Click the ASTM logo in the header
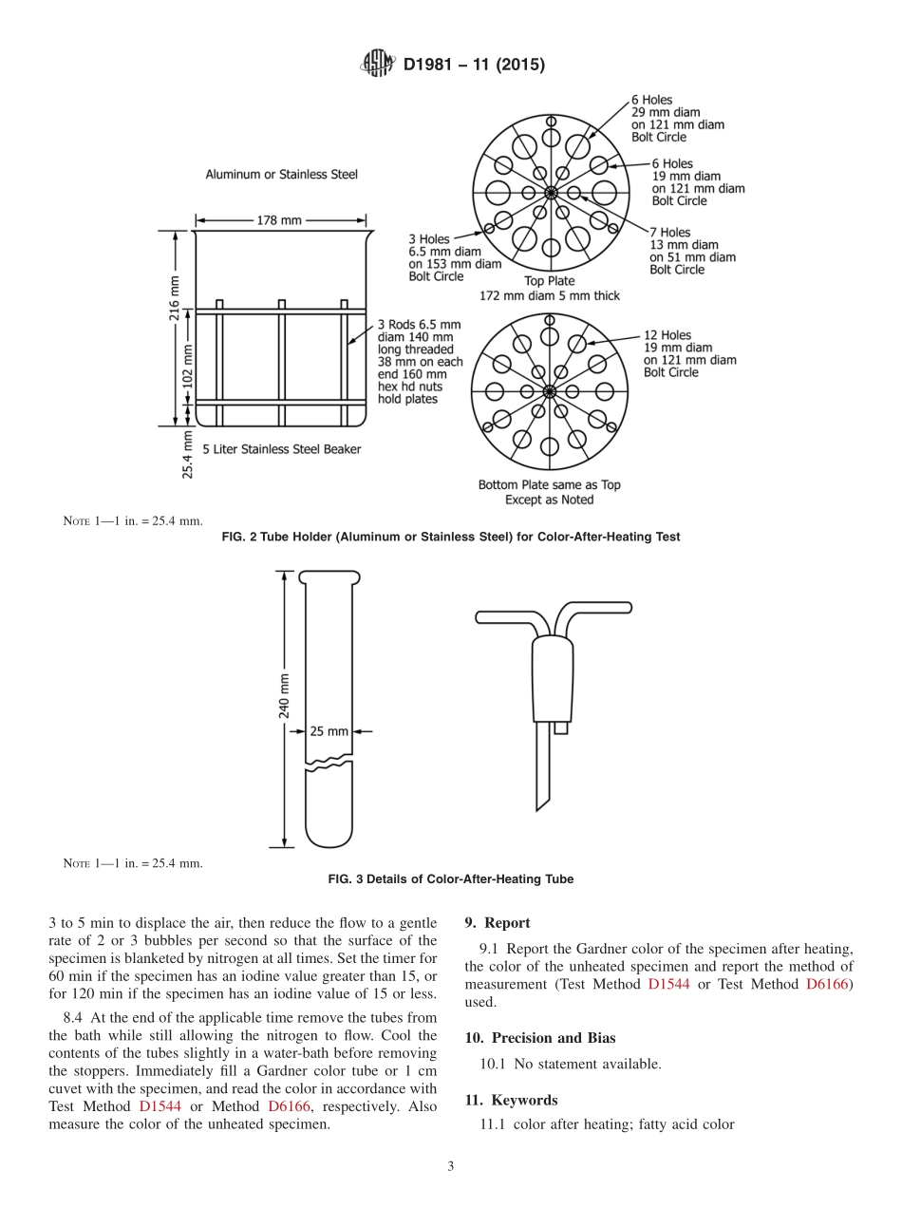(377, 65)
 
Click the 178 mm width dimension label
(278, 220)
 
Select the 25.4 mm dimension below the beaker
(188, 457)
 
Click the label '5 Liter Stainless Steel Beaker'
(281, 449)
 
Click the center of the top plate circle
(551, 193)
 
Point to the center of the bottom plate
(550, 390)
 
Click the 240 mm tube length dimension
(284, 696)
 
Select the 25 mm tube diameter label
(329, 731)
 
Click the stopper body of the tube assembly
(553, 679)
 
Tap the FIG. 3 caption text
(450, 879)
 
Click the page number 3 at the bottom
(451, 1166)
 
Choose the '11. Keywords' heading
(511, 1100)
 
